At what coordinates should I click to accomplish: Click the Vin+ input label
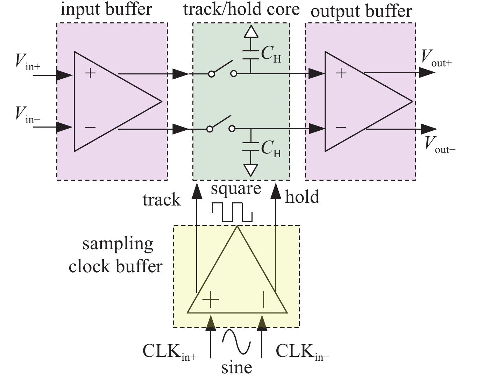(28, 62)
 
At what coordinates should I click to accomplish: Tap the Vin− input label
(28, 115)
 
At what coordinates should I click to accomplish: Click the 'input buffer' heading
(106, 9)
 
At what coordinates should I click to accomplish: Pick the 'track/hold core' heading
(241, 9)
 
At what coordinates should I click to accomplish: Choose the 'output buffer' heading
(361, 11)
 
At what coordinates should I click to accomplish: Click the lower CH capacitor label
(271, 149)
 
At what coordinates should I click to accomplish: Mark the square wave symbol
(232, 211)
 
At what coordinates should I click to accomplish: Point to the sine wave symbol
(236, 341)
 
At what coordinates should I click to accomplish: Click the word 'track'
(162, 200)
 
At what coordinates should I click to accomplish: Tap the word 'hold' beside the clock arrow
(302, 197)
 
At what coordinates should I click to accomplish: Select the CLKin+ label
(169, 351)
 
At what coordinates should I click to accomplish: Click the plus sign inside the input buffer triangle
(90, 73)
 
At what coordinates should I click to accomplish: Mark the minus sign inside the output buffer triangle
(341, 128)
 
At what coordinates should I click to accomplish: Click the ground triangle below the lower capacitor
(250, 170)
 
